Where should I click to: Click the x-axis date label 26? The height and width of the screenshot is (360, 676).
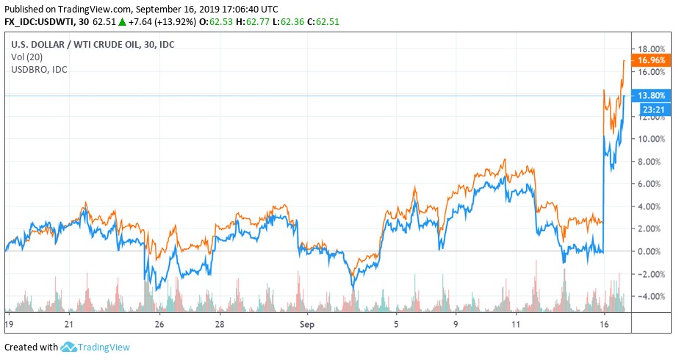[158, 323]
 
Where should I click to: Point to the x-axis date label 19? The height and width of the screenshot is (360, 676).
[8, 323]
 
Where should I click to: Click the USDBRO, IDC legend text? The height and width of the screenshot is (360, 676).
[39, 69]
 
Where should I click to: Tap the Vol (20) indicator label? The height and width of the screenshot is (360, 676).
[27, 57]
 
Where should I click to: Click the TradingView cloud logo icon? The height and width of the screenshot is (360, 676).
[68, 347]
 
